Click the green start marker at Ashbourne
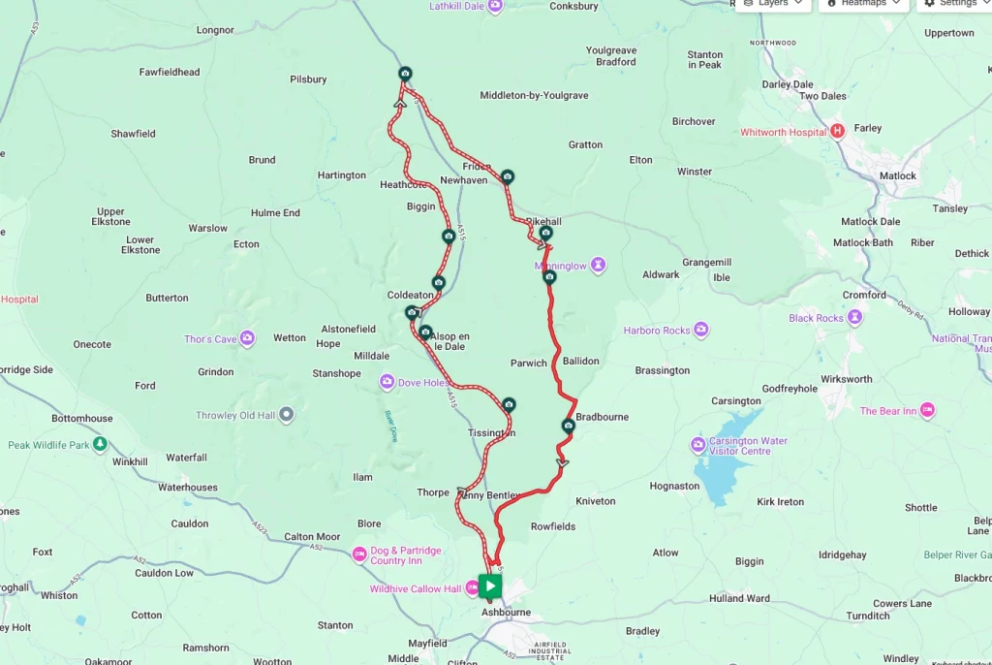tap(490, 586)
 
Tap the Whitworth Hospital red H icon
tap(838, 132)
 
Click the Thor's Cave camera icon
tap(248, 339)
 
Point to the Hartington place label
tap(342, 175)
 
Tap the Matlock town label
tap(898, 175)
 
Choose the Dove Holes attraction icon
tap(387, 383)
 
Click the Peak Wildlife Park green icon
tap(100, 445)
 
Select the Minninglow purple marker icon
tap(599, 265)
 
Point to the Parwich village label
tap(529, 364)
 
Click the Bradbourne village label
tap(602, 417)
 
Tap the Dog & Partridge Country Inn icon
tap(358, 555)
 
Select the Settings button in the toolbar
tap(950, 4)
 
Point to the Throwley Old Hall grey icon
tap(286, 415)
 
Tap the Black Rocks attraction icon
tap(854, 318)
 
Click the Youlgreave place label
tap(611, 50)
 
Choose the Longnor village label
tap(215, 30)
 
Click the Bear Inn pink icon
tap(928, 411)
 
